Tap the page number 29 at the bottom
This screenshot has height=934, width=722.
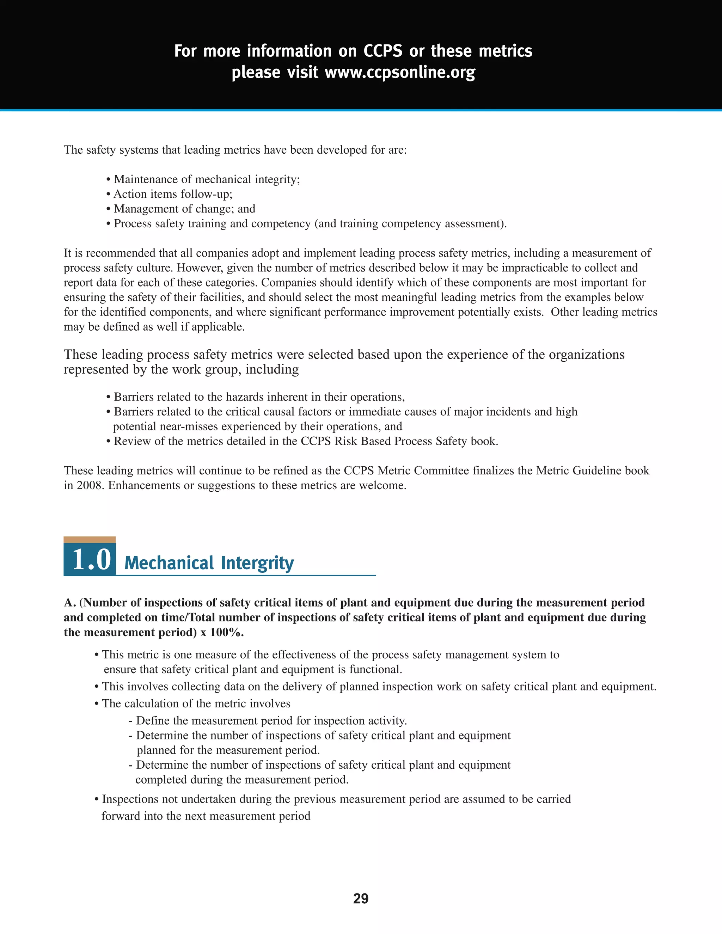(361, 898)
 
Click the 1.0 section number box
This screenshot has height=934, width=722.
(90, 559)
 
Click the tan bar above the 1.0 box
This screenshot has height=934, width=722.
(90, 539)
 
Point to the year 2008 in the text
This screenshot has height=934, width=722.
(90, 485)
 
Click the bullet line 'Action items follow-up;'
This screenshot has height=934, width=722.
(172, 194)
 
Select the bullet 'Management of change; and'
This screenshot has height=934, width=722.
(184, 209)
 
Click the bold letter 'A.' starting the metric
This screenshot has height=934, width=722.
(70, 603)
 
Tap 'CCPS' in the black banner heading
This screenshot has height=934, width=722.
(383, 51)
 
